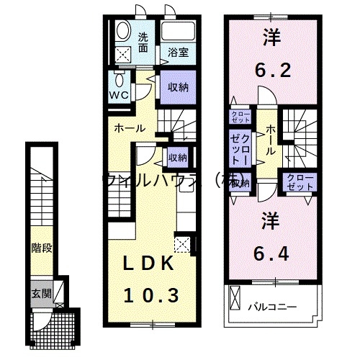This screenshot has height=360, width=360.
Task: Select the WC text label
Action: (x=119, y=94)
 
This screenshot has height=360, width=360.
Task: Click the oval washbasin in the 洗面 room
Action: (x=122, y=32)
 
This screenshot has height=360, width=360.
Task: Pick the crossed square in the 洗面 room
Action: (x=123, y=53)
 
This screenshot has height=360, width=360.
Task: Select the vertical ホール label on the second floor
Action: (x=270, y=140)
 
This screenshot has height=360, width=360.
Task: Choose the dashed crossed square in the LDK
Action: (x=183, y=245)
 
